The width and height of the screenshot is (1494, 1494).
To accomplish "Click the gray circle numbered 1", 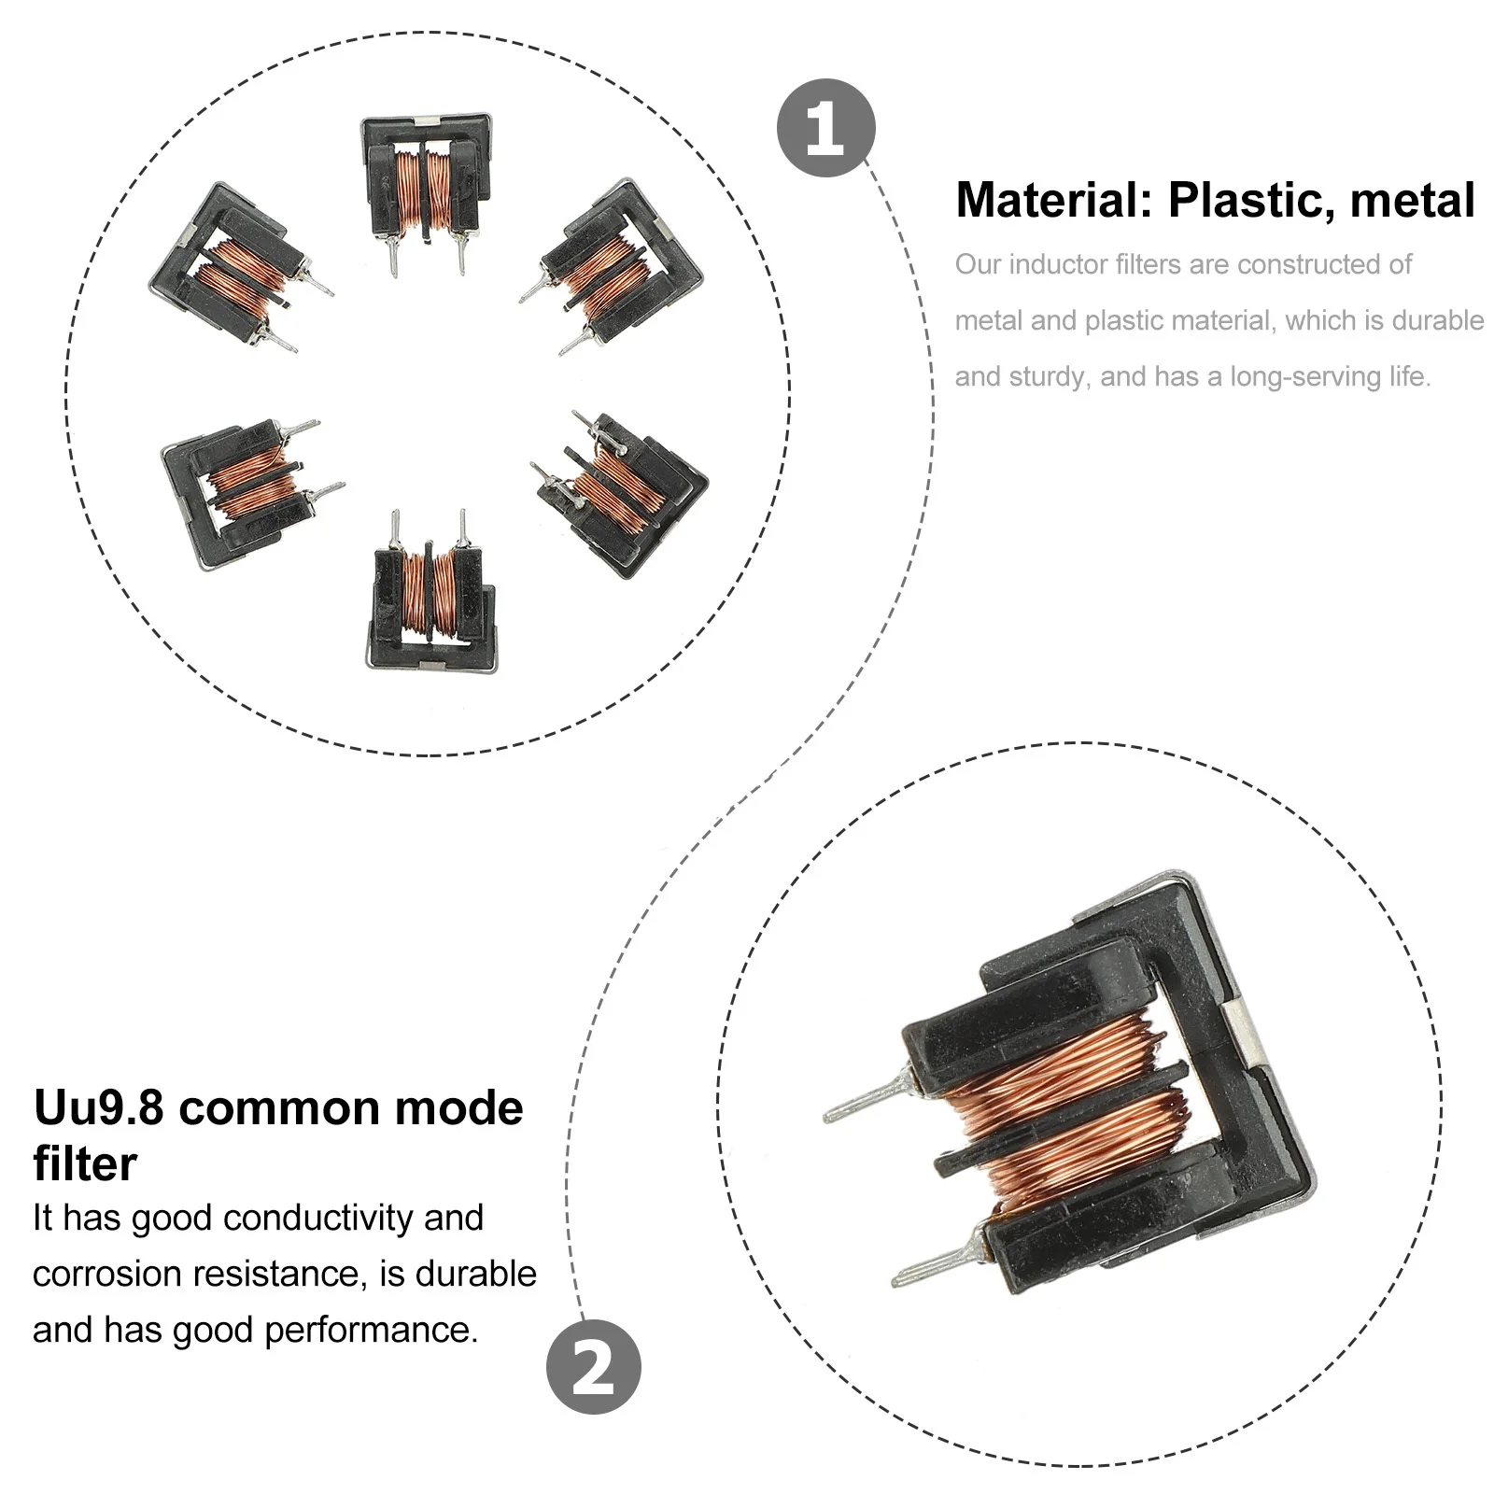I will point(825,128).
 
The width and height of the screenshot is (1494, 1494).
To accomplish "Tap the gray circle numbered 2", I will point(594,1366).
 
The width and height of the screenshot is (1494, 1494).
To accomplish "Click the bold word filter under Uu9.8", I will point(85,1164).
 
